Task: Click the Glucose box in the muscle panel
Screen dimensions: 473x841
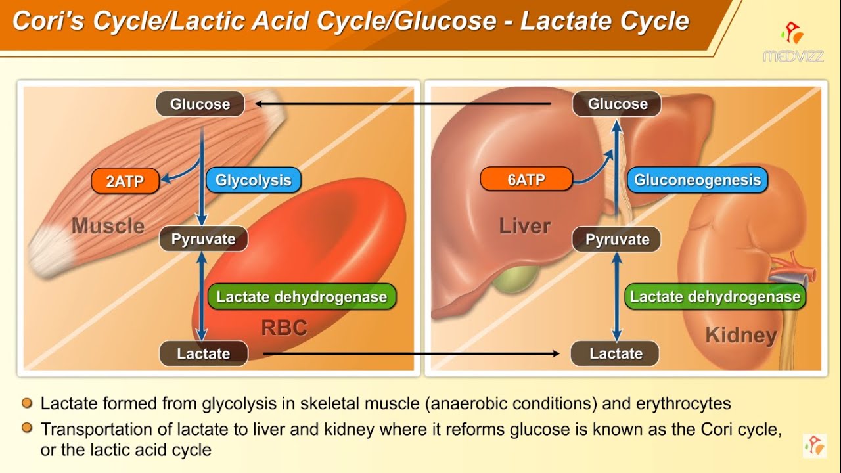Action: tap(200, 104)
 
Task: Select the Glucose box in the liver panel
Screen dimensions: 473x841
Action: tap(617, 104)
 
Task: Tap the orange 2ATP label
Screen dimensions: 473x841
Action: tap(125, 181)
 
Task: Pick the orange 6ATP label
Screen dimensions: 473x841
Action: tap(526, 179)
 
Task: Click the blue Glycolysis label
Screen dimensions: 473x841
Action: tap(253, 180)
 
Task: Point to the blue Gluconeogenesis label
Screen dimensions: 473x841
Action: tap(696, 180)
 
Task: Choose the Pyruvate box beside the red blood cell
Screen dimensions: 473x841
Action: tap(203, 239)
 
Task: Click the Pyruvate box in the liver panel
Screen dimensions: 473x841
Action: tap(617, 240)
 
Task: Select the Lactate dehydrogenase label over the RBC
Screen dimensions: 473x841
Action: tap(302, 297)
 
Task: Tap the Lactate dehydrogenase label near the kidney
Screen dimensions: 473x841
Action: tap(715, 297)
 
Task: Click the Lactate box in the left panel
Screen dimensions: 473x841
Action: tap(204, 353)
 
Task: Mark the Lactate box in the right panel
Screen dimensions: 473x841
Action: tap(615, 353)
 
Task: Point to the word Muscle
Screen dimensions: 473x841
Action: tap(108, 226)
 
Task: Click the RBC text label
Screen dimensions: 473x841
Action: tap(284, 328)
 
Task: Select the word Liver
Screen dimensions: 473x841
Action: tap(524, 226)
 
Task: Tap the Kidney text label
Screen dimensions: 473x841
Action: tap(740, 335)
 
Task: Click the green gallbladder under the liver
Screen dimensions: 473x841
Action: tap(511, 280)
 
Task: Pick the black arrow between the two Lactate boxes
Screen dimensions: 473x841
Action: tap(411, 353)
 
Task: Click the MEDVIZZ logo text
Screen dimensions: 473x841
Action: tap(794, 56)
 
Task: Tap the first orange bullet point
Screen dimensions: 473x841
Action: tap(27, 403)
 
